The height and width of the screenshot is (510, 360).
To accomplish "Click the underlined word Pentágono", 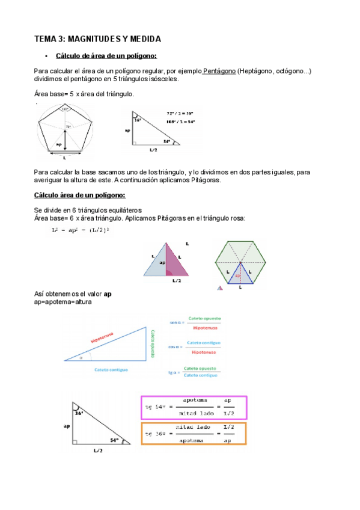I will [x=219, y=71].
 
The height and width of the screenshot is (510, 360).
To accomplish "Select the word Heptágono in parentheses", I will [x=257, y=71].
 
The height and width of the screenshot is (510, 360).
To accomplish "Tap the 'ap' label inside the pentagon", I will [x=58, y=144].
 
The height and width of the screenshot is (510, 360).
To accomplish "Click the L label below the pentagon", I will [x=65, y=158].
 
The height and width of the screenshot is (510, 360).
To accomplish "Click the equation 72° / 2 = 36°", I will [x=181, y=112].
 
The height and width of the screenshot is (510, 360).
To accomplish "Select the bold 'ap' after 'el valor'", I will [x=108, y=294].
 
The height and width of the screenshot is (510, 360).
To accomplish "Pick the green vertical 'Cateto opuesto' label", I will [x=153, y=343].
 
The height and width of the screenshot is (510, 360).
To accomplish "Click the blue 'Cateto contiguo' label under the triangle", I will [x=110, y=370].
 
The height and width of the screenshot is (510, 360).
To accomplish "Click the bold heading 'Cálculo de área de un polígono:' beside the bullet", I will [x=106, y=56].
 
